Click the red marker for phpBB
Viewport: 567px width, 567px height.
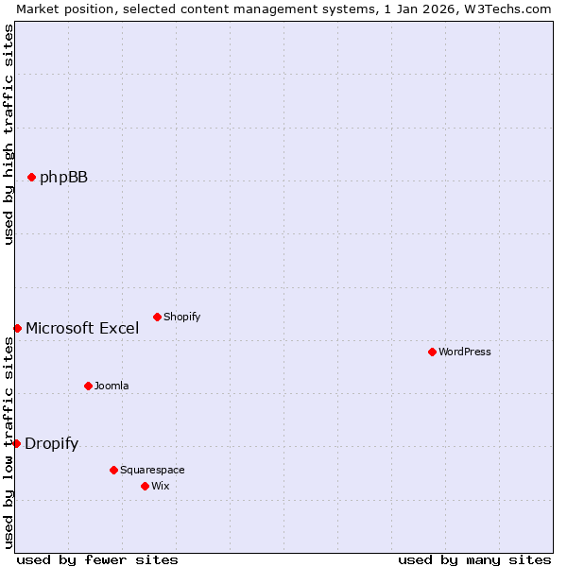pos(31,177)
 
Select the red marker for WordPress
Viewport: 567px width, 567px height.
pos(432,352)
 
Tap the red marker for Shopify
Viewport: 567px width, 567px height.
pos(157,317)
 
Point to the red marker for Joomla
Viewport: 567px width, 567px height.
pos(88,386)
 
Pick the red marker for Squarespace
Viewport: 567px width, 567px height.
pos(113,470)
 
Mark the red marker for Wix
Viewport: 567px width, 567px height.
pos(145,486)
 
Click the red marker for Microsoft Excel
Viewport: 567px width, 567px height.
pos(17,328)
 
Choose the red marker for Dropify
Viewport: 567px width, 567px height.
pos(16,443)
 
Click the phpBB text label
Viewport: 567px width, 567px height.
pos(63,177)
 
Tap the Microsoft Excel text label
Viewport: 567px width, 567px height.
pos(82,329)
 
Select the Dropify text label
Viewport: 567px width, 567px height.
pos(51,444)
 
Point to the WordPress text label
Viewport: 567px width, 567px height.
pos(465,352)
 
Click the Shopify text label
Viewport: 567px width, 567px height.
pos(181,317)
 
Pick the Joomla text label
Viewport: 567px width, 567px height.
pos(112,386)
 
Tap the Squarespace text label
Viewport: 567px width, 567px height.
pos(152,470)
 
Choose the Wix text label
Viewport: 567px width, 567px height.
pos(160,486)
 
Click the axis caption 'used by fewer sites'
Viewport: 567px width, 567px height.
pos(97,559)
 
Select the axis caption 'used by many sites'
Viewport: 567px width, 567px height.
pos(474,559)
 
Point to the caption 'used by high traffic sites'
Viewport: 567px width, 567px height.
pos(9,134)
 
